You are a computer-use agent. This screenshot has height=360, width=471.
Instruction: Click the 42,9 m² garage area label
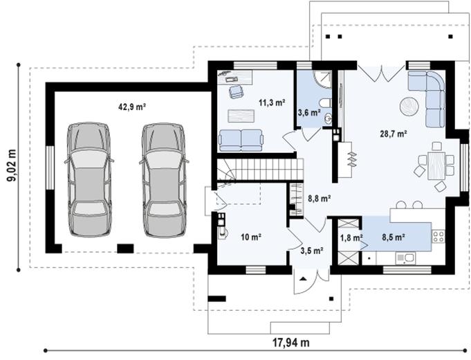[131, 107]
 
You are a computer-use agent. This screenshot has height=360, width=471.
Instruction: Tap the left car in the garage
[88, 179]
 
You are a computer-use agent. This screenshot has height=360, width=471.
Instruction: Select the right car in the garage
[164, 179]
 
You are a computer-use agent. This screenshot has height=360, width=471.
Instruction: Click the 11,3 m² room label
[272, 104]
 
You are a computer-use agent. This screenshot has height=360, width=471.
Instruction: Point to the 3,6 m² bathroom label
[308, 112]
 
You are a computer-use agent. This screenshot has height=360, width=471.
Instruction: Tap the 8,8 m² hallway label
[319, 198]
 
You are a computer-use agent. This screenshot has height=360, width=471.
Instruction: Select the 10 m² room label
[250, 237]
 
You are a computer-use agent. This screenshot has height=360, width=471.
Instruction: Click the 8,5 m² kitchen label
[393, 237]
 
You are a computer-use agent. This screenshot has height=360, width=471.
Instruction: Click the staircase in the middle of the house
[260, 168]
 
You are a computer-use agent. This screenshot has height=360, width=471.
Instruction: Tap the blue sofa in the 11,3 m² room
[241, 140]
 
